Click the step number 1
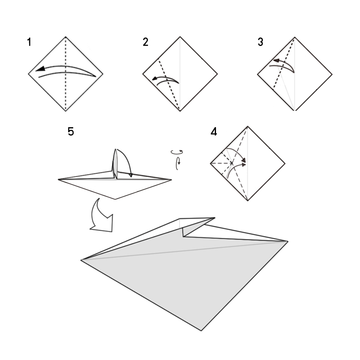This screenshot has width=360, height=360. point(29,42)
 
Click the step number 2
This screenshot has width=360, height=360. point(145,42)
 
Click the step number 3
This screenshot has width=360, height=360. point(260,42)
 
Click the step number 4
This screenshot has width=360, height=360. point(214,132)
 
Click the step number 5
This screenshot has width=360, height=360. point(71,132)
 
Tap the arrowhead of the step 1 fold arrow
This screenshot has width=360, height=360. point(40,69)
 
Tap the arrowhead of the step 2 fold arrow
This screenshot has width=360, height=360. point(155,79)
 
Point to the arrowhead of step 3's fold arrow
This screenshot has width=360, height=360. point(276,61)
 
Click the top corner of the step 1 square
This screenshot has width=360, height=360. point(66,37)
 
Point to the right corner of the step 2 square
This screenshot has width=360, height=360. point(217,74)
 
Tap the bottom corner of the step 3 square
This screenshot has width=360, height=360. point(295,111)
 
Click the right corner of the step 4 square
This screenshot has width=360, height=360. point(285,164)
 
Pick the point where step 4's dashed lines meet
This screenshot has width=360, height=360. point(232,163)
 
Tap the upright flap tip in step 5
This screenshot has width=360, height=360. point(115,149)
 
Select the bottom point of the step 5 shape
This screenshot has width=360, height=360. point(115,199)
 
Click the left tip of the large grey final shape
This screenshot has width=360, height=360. point(81,260)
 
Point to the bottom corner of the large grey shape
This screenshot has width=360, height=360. point(201,330)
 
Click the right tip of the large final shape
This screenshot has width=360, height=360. point(288,241)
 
